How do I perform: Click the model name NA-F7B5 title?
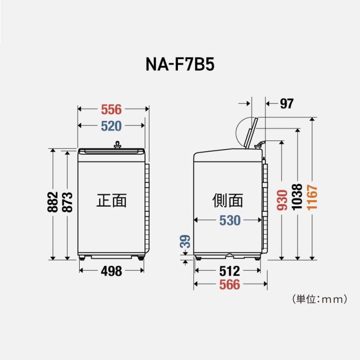(x=179, y=66)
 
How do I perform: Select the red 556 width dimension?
(x=111, y=109)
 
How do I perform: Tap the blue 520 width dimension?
(x=111, y=126)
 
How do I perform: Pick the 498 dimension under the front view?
(x=111, y=271)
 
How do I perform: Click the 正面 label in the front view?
(x=111, y=200)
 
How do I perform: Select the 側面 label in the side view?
(x=227, y=200)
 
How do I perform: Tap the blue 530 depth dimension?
(x=229, y=220)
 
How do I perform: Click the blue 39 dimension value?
(x=186, y=242)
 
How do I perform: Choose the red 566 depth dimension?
(x=229, y=285)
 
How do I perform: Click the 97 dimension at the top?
(x=286, y=103)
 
